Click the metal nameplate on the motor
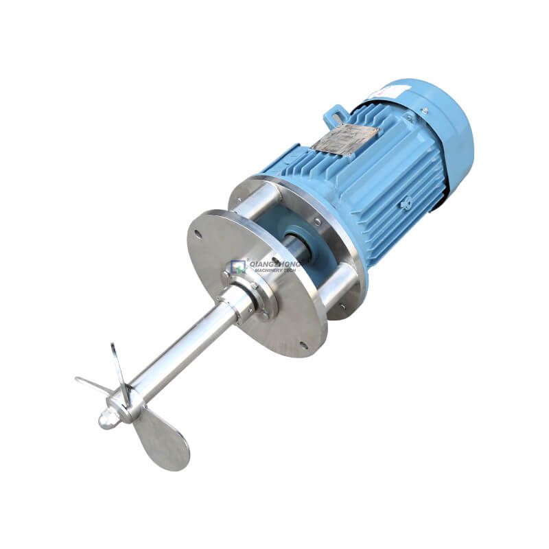345,139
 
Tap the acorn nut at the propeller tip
108,418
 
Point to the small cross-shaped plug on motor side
406,203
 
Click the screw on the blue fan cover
425,110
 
